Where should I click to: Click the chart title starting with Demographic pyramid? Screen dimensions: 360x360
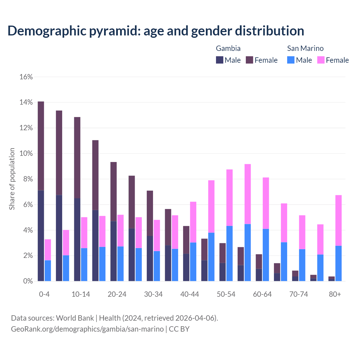[156, 31]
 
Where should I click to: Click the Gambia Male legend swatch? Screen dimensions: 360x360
[220, 60]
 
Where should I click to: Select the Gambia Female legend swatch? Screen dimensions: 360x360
[249, 60]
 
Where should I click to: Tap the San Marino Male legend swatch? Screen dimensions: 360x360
[291, 60]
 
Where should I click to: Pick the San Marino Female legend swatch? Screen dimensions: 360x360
[321, 60]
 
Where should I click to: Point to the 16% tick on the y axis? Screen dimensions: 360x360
[26, 77]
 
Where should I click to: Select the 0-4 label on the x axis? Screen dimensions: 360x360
[44, 294]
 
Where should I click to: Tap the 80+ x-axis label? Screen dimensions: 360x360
[335, 294]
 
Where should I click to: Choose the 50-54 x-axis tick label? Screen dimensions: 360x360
[226, 294]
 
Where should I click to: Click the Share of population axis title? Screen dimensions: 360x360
[12, 179]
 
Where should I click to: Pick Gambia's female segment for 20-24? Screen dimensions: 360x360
[114, 192]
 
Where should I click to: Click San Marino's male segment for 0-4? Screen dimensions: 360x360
[48, 271]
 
